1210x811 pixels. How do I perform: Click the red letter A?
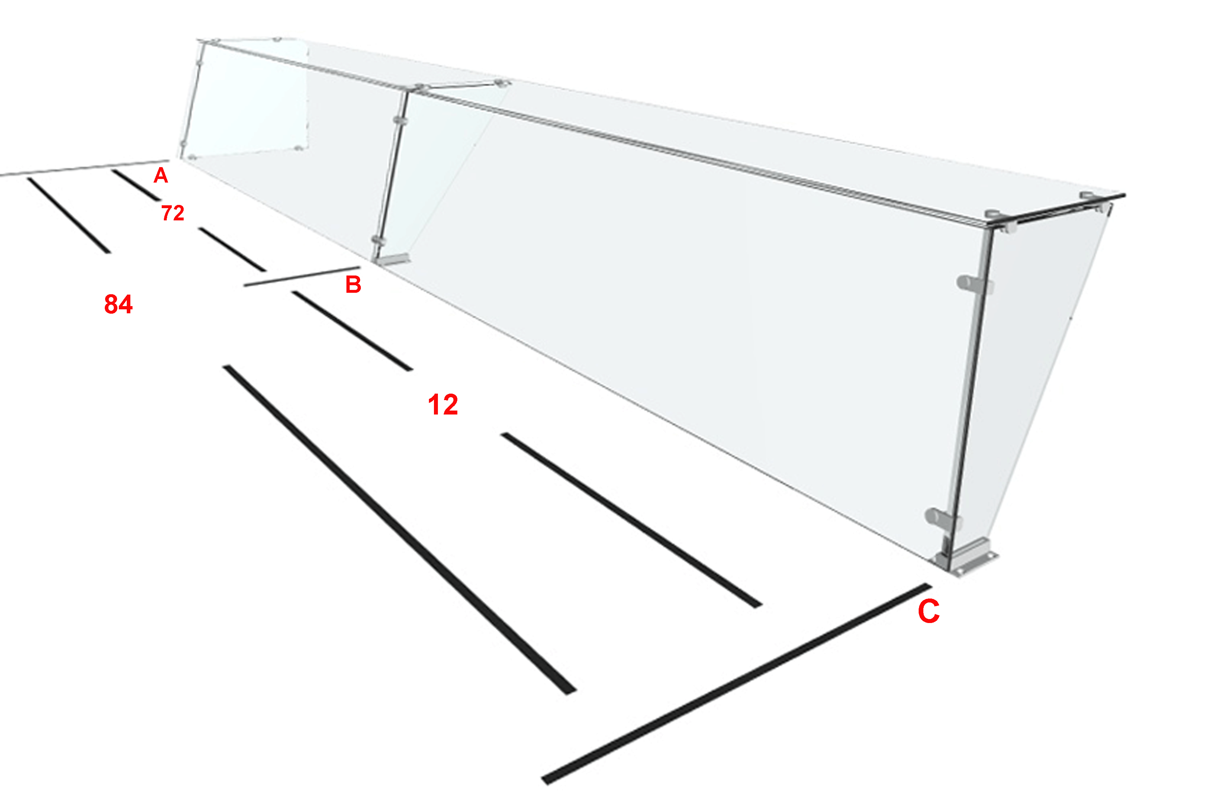tap(161, 176)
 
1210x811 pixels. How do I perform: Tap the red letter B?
tap(353, 284)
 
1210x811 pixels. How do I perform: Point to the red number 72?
tap(173, 213)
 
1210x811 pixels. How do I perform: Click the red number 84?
tap(118, 304)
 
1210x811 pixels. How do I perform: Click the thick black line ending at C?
tap(736, 684)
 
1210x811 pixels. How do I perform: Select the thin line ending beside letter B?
tap(302, 276)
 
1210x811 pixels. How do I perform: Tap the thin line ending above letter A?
tap(84, 168)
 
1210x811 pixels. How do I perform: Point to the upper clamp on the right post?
tap(974, 283)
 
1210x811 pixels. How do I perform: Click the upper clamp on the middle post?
tap(400, 121)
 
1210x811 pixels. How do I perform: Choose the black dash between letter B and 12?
tap(352, 331)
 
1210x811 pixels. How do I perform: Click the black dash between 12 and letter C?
tap(631, 520)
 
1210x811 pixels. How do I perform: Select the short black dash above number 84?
tap(69, 216)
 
